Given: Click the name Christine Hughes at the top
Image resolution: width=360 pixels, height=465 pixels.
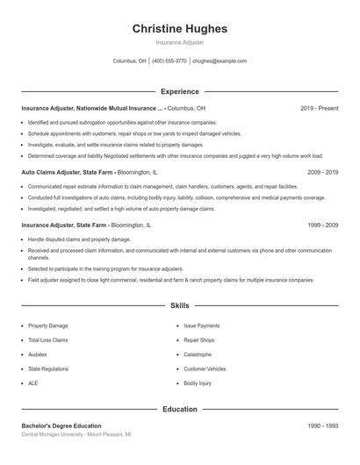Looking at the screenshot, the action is click(179, 29).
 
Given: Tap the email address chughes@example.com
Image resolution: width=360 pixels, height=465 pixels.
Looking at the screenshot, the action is click(219, 61).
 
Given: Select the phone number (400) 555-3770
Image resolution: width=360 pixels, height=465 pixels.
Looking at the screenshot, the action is click(169, 61).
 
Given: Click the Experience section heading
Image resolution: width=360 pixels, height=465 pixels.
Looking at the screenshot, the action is click(179, 91).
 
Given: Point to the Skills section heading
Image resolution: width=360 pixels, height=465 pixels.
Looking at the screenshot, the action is click(179, 306).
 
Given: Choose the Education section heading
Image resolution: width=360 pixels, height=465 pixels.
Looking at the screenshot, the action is click(179, 409).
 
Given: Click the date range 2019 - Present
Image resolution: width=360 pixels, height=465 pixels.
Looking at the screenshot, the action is click(319, 108).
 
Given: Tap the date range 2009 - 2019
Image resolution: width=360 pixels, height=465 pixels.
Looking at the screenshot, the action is click(322, 173).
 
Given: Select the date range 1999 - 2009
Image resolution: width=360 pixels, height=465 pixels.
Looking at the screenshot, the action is click(322, 225).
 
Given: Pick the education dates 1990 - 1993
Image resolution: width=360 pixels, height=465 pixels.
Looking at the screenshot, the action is click(322, 426).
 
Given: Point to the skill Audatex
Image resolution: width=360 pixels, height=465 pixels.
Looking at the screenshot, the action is click(40, 354).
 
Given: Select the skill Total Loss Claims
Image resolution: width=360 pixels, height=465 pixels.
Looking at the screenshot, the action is click(47, 340).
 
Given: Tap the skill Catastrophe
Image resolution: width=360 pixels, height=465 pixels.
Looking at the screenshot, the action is click(198, 354).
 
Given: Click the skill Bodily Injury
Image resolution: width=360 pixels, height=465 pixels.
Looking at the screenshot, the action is click(198, 383).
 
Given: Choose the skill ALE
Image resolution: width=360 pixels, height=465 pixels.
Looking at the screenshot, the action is click(33, 383).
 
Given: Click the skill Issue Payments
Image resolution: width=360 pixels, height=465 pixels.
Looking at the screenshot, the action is click(201, 325).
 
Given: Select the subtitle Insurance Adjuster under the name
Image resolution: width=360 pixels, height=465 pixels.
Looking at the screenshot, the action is click(179, 42).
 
